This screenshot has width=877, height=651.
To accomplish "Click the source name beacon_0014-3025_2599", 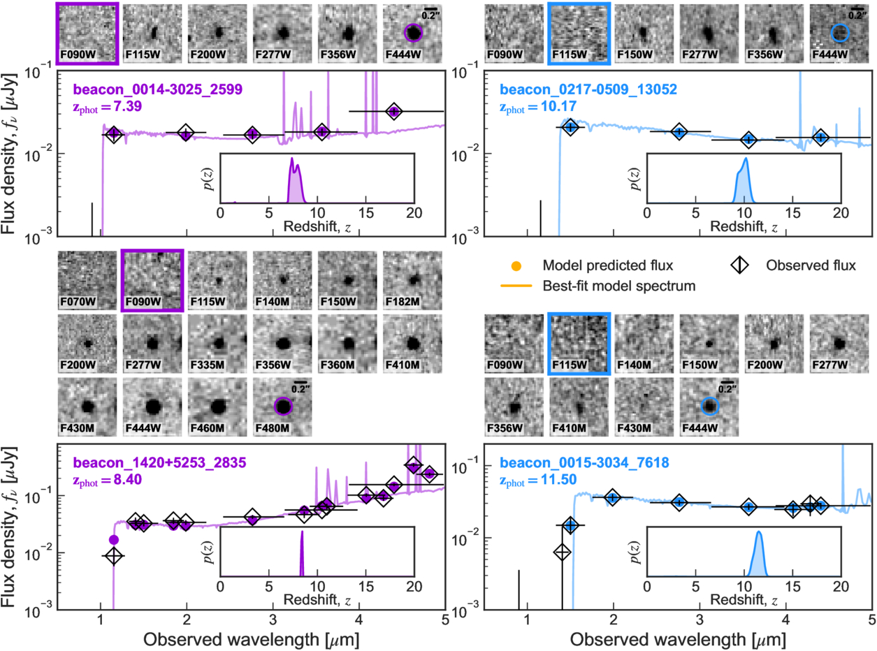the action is (x=158, y=89).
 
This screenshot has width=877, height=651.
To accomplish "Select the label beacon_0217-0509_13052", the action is (x=588, y=89).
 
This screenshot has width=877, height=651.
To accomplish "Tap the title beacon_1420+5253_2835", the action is (x=160, y=462).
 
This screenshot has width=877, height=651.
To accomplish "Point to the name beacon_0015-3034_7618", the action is (x=584, y=462).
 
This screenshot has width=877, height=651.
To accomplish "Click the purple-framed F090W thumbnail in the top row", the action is (x=87, y=34).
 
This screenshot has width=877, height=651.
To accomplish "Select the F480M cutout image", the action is (x=282, y=407).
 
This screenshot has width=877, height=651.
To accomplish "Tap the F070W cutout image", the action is (x=87, y=280).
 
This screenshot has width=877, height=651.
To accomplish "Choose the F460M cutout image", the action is (x=217, y=407).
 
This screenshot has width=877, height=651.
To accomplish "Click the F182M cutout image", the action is (x=412, y=280).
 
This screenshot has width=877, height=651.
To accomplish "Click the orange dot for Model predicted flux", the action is (x=516, y=266).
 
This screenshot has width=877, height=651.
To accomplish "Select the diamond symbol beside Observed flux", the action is (x=739, y=265).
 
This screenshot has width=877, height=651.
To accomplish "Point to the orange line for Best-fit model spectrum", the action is (x=516, y=286).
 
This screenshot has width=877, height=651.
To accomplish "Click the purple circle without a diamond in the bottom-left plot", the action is (x=113, y=539).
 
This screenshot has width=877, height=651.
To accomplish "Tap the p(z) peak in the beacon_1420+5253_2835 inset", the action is (x=302, y=532).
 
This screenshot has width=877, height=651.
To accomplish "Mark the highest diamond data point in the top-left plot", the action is (x=394, y=112).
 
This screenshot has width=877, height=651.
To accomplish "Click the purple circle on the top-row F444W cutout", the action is (x=413, y=33).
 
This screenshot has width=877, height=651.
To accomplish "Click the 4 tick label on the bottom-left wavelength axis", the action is (x=359, y=619).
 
